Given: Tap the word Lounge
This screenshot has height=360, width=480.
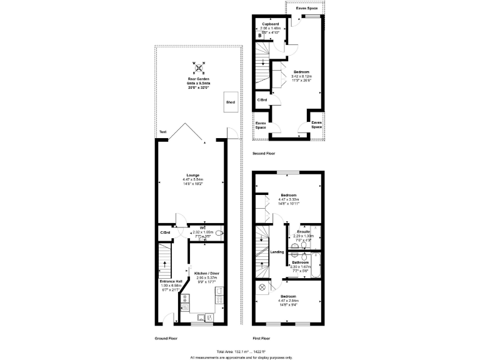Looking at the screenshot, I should (x=192, y=175).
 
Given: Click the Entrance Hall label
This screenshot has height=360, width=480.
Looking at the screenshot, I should (x=171, y=281).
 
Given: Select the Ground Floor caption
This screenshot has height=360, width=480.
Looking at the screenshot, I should (x=166, y=338).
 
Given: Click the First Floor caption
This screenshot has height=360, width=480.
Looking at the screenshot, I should (x=261, y=338).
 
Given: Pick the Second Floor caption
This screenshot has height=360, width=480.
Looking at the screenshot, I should (x=263, y=153).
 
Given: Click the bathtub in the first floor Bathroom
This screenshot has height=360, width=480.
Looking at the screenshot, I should (x=316, y=265).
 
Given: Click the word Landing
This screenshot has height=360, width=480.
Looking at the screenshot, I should (x=277, y=252).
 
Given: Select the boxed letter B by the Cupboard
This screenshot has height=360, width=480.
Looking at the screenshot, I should (x=259, y=36).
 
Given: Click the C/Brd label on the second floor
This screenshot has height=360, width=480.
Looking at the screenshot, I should (x=262, y=100).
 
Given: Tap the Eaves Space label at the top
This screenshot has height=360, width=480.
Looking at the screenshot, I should (x=306, y=8).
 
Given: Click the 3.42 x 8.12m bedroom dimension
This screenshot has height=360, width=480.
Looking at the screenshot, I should (x=301, y=76).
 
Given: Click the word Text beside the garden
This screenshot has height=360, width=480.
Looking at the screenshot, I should (x=162, y=132).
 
